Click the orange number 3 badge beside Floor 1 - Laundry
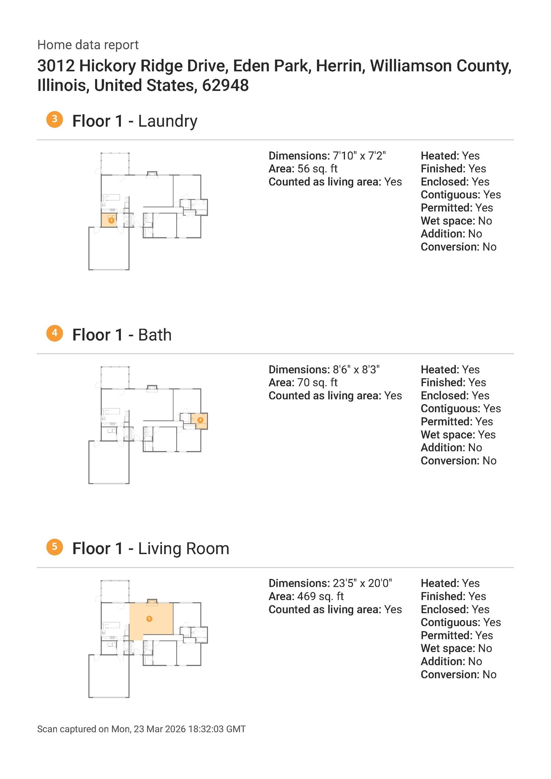point(55,119)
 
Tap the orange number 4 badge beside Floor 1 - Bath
point(55,333)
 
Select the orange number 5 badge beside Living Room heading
point(55,547)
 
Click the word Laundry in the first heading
point(167,121)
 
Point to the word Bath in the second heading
point(155,335)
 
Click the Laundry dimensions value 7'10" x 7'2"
point(359,156)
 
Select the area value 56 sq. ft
point(317,169)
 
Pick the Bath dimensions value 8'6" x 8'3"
point(356,370)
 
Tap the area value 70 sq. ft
point(317,382)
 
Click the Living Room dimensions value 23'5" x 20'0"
point(362,583)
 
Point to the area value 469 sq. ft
point(320,596)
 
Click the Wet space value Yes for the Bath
point(486,434)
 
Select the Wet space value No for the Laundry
point(485,221)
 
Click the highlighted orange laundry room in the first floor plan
point(109,220)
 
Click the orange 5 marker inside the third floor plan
point(149,619)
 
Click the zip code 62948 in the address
point(225,85)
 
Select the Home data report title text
point(88,45)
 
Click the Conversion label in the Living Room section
point(450,675)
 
